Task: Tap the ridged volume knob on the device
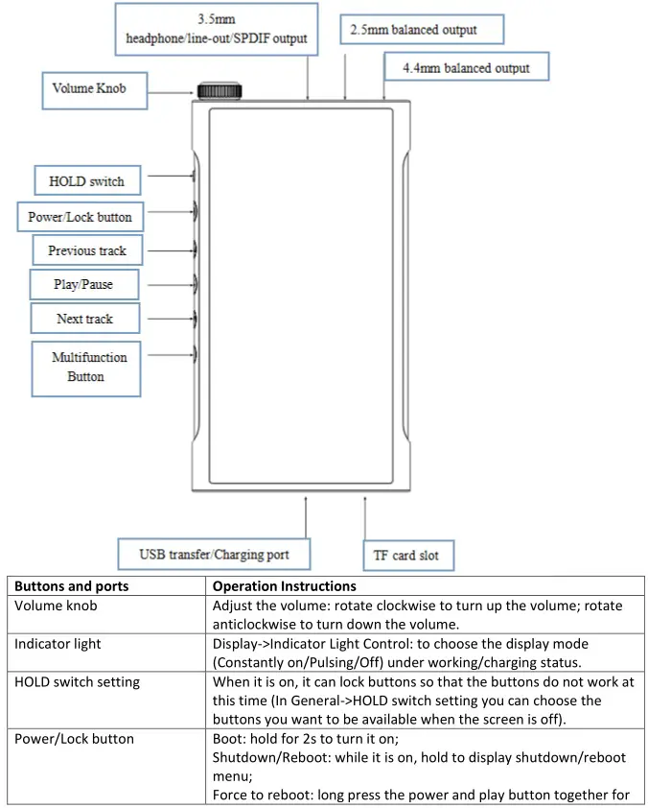(x=220, y=91)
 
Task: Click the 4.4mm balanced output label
(x=469, y=68)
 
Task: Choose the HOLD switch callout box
(x=86, y=180)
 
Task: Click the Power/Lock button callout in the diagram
(x=80, y=217)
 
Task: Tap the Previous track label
(x=87, y=251)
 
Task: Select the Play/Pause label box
(x=83, y=285)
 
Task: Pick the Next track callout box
(x=84, y=319)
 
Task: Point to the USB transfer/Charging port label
(x=214, y=555)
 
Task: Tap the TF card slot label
(x=407, y=556)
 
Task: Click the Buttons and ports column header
(x=72, y=586)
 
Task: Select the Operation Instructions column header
(x=284, y=586)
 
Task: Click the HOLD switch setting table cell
(x=77, y=681)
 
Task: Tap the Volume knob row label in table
(x=56, y=606)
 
